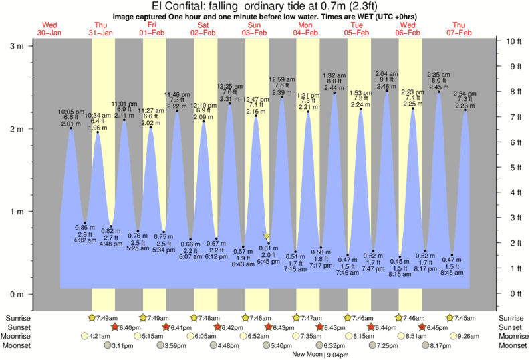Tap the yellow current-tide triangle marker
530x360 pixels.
pos(267,237)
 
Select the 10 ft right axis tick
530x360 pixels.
pos(514,41)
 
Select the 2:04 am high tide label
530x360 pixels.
pos(386,73)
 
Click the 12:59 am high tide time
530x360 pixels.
pos(282,79)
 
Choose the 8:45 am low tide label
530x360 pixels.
pos(452,273)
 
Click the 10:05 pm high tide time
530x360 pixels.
pos(71,111)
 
